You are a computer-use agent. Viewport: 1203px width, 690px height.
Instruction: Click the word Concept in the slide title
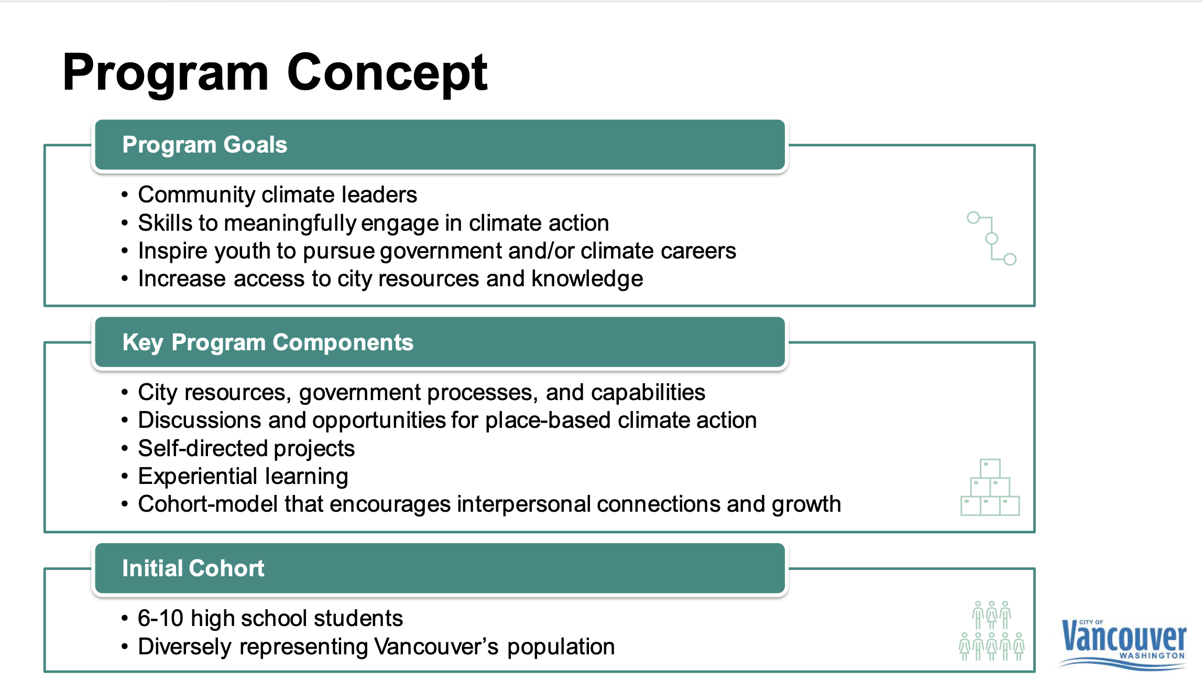tap(387, 73)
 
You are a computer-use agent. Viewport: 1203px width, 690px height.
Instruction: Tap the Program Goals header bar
tap(440, 145)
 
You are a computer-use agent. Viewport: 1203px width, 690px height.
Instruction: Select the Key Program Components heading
tap(268, 342)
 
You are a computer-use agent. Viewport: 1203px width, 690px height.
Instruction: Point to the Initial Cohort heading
tap(193, 568)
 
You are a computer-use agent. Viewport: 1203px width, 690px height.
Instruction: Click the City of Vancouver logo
tap(1123, 643)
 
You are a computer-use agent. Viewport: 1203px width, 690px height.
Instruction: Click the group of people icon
tap(991, 631)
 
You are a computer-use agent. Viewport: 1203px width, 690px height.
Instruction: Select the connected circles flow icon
tap(992, 239)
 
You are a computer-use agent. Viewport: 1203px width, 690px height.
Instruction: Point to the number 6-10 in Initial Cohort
tap(160, 619)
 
